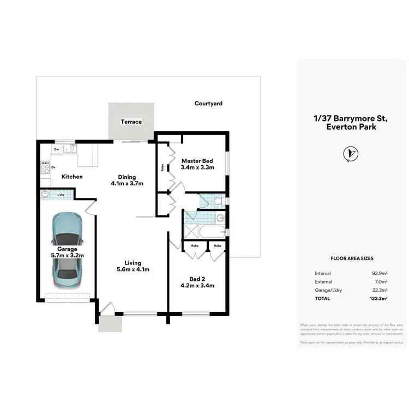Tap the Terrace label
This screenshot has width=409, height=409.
131,122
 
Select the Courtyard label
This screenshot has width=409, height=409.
208,103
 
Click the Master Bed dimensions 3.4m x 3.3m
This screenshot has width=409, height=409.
197,167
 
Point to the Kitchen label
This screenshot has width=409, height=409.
72,177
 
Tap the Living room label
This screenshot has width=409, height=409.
133,262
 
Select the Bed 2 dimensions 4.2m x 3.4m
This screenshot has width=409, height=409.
197,285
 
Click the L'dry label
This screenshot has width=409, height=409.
62,194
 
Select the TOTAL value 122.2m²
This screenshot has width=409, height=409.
377,299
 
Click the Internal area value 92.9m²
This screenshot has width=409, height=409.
378,273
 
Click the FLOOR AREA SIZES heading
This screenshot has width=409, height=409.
352,258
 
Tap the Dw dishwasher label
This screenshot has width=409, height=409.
57,148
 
